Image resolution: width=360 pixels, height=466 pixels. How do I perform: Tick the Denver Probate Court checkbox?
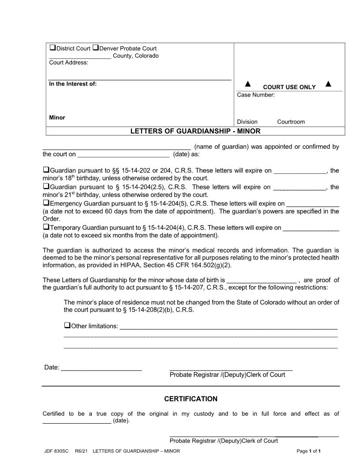tap(96, 48)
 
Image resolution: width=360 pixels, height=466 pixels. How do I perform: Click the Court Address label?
tap(68, 63)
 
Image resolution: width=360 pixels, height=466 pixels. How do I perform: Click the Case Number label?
tap(256, 95)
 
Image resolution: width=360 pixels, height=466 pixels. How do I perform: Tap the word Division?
tap(247, 122)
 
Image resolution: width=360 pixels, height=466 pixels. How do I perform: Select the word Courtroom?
tap(291, 122)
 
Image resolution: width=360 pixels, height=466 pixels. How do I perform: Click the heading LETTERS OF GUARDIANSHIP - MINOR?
tap(195, 131)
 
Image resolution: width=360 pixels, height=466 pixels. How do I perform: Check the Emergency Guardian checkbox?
tap(46, 203)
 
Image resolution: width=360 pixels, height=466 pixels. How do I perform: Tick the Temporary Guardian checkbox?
tap(46, 227)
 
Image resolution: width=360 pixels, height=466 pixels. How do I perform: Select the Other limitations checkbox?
tap(67, 326)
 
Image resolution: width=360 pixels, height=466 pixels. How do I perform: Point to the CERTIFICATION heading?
tap(191, 399)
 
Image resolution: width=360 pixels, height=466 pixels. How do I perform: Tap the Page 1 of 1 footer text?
tap(308, 451)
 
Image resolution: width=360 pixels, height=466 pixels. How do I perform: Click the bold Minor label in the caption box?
tap(57, 117)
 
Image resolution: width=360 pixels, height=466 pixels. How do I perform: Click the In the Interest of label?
tap(72, 84)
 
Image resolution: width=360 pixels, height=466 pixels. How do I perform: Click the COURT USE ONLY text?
tap(289, 87)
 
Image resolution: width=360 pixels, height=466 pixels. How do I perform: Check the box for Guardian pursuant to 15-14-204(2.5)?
tap(46, 186)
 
